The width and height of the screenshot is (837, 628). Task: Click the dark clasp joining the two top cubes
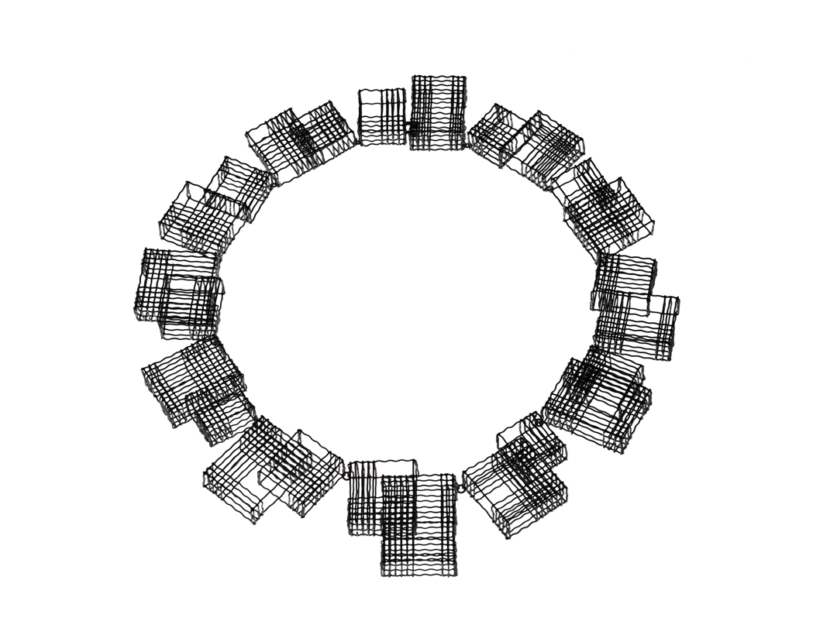coord(412,126)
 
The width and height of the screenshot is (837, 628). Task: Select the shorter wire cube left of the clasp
coord(381,117)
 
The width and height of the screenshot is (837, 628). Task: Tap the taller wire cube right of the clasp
coord(439,112)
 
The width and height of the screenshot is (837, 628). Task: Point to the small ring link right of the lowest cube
coord(462,488)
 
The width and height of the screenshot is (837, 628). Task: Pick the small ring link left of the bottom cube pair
coord(345,475)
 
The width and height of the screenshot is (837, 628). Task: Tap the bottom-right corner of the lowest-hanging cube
coord(456,575)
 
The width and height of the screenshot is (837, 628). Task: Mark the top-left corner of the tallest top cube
coord(412,77)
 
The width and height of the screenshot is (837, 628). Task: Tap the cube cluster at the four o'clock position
coord(598,398)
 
